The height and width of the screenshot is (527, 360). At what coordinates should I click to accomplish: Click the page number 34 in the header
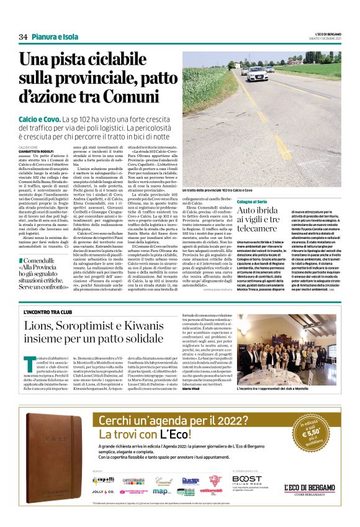(x=23, y=37)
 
